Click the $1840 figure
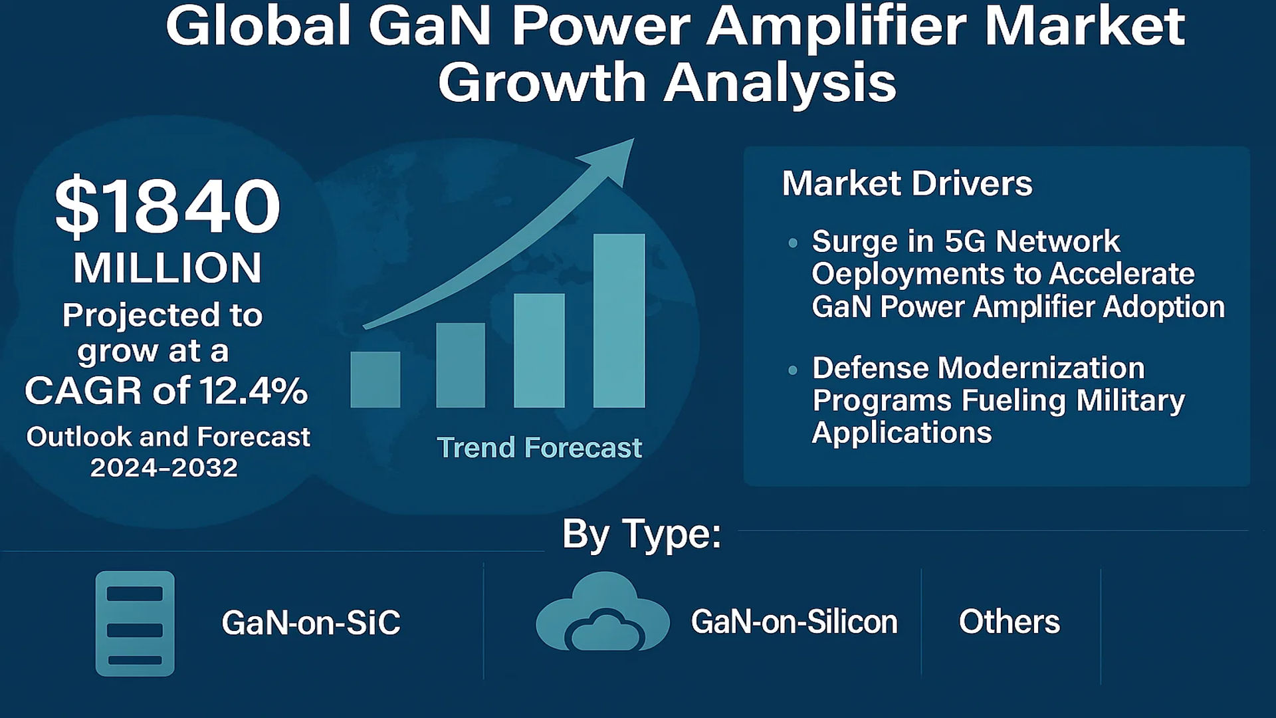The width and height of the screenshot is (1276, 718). pyautogui.click(x=167, y=206)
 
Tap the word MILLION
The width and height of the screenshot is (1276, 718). pyautogui.click(x=167, y=268)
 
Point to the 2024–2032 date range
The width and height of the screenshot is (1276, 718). pyautogui.click(x=164, y=468)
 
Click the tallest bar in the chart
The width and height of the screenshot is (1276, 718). pyautogui.click(x=619, y=320)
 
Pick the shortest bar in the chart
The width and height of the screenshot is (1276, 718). pyautogui.click(x=375, y=379)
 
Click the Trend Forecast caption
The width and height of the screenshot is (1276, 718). pyautogui.click(x=539, y=448)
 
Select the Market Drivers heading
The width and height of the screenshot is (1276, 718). pyautogui.click(x=907, y=183)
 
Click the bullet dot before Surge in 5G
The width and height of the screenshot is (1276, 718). pyautogui.click(x=792, y=243)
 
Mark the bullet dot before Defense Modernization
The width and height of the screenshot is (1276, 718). pyautogui.click(x=792, y=370)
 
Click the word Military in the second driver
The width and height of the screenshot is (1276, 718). pyautogui.click(x=1130, y=400)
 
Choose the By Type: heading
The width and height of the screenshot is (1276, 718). pyautogui.click(x=641, y=533)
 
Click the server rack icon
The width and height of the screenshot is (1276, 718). pyautogui.click(x=135, y=624)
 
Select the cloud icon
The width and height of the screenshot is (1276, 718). pyautogui.click(x=603, y=613)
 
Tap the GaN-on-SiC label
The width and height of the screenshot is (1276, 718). pyautogui.click(x=311, y=623)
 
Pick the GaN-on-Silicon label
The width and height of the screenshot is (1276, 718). pyautogui.click(x=794, y=622)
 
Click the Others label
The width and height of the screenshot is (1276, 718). pyautogui.click(x=1009, y=622)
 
